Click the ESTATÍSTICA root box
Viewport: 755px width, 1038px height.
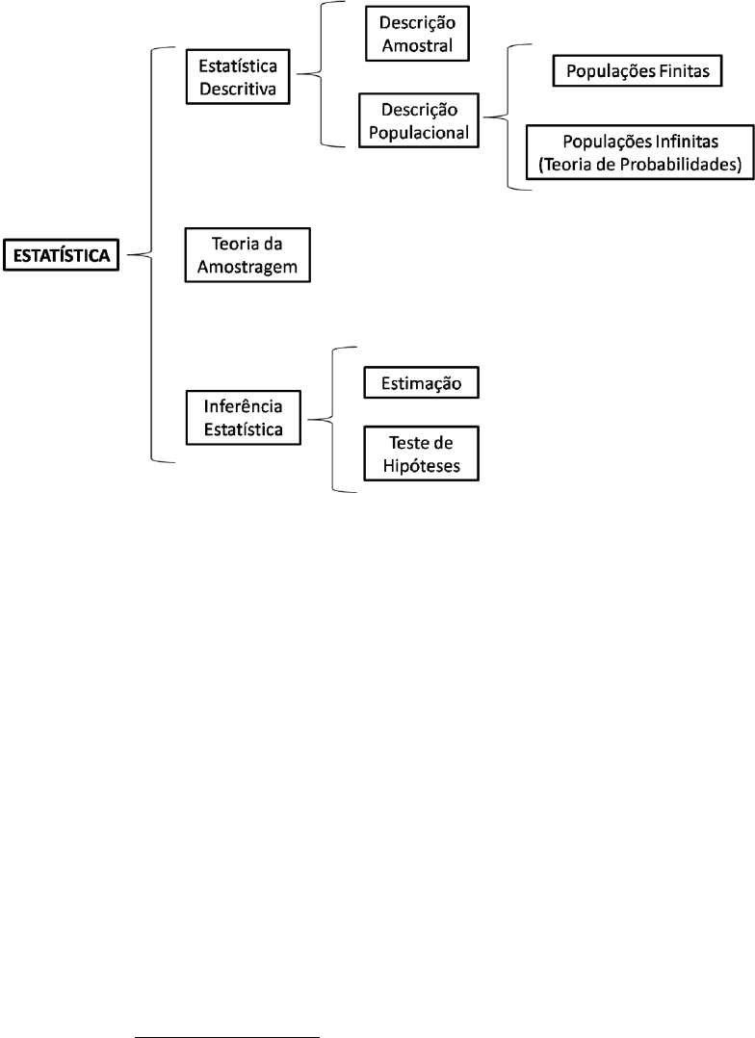61,255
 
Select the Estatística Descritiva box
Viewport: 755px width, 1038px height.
238,76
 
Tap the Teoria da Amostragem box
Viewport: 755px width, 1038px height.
247,255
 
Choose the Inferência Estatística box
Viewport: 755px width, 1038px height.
243,418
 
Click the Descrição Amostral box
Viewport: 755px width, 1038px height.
417,34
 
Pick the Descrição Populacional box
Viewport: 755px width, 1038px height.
419,119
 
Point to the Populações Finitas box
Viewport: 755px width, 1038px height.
638,71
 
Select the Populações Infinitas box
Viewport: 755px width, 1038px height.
639,152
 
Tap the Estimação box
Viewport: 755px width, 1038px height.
421,382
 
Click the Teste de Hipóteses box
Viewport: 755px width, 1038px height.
421,454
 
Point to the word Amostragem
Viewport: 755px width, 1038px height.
247,268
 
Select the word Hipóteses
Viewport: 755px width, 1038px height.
421,466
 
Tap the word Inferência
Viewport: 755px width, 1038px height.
243,405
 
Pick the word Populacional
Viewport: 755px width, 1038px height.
419,133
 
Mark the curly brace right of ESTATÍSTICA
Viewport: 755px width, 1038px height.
151,255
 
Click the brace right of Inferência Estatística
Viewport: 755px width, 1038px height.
332,419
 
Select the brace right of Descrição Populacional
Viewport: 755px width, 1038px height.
508,117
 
